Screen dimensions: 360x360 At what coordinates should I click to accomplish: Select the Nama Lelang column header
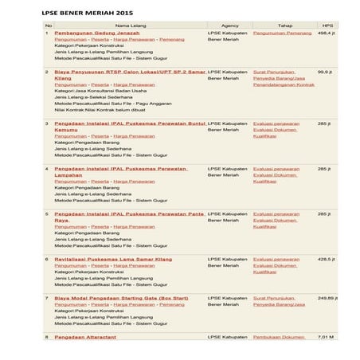(x=130, y=25)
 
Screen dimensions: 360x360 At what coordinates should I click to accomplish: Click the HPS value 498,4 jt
(x=326, y=33)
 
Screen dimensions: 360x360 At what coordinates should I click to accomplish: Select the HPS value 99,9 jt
(x=325, y=72)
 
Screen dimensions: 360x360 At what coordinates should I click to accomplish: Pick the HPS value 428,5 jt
(x=326, y=259)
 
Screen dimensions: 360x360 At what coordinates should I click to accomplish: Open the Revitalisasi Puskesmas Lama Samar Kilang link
(x=112, y=259)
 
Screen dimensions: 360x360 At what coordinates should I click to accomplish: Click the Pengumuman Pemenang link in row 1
(x=282, y=33)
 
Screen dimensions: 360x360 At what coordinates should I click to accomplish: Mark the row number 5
(x=46, y=213)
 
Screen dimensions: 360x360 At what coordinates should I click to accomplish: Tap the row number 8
(x=46, y=336)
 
